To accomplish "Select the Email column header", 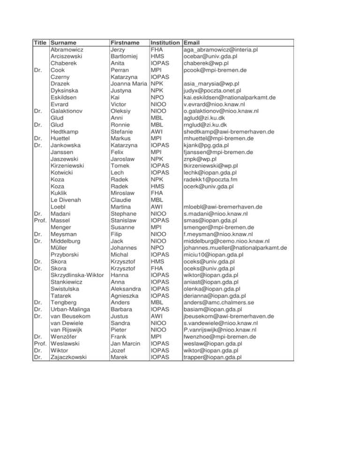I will click(195, 42).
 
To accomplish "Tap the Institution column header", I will click(166, 42).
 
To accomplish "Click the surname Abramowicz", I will click(70, 49).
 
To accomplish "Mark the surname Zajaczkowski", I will click(72, 358).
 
